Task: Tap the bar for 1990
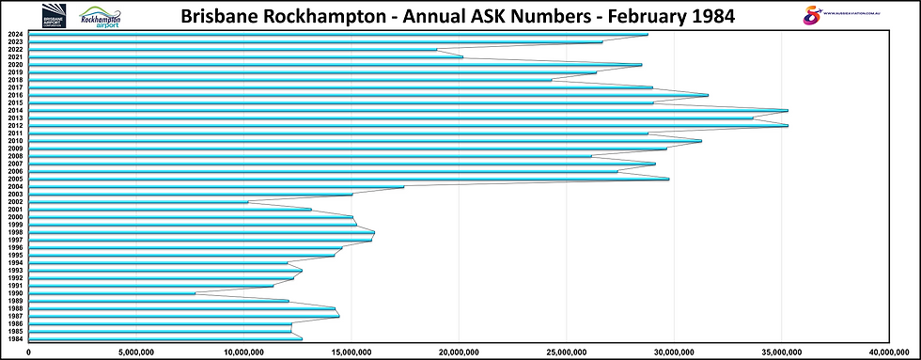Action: pos(113,293)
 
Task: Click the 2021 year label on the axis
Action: pos(15,57)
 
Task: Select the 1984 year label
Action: pos(15,338)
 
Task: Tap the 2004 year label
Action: pos(15,186)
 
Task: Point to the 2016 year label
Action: pos(15,95)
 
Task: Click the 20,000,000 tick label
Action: pos(459,352)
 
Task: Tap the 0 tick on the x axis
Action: pos(30,352)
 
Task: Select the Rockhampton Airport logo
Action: pos(107,16)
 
